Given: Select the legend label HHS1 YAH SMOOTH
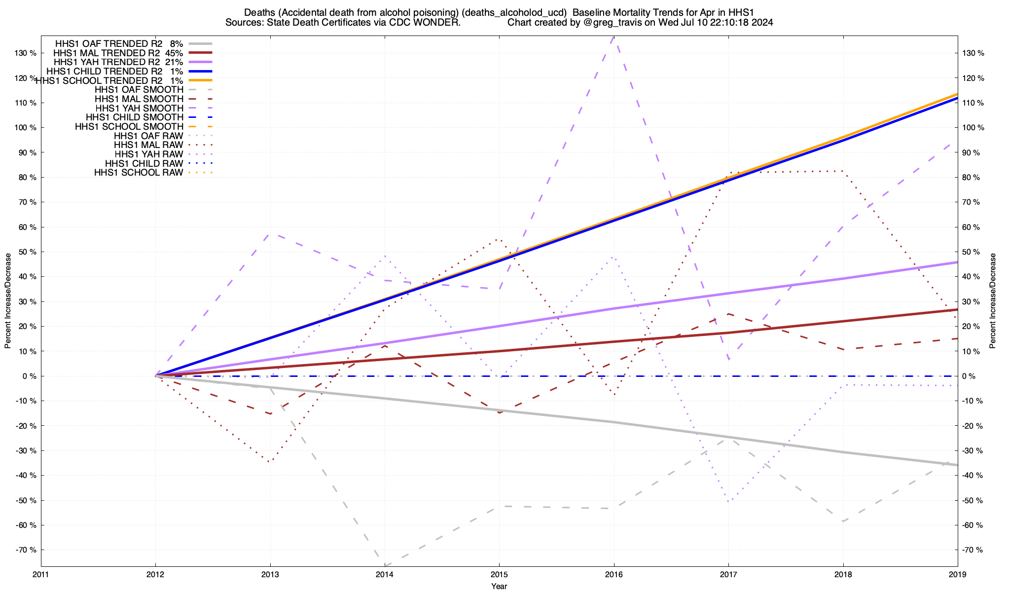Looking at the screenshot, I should pyautogui.click(x=139, y=108).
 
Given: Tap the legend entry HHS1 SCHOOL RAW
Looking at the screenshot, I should pyautogui.click(x=139, y=173).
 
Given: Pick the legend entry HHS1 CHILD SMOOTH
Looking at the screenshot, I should pyautogui.click(x=134, y=117).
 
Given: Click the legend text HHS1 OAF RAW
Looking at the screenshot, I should pyautogui.click(x=148, y=136).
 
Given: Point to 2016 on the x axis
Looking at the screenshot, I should pyautogui.click(x=613, y=574).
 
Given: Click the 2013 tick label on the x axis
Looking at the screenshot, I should pyautogui.click(x=270, y=574).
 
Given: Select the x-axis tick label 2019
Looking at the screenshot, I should pyautogui.click(x=957, y=574).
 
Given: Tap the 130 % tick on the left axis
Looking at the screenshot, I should pyautogui.click(x=26, y=53).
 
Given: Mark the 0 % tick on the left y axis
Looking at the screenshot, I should pyautogui.click(x=29, y=376).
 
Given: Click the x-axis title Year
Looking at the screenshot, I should pyautogui.click(x=499, y=586).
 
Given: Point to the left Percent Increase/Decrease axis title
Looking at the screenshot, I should pyautogui.click(x=8, y=301).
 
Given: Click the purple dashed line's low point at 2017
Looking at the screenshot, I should pyautogui.click(x=728, y=360).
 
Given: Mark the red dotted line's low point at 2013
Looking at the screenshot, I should pyautogui.click(x=269, y=462).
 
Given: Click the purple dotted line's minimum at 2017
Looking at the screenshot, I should pyautogui.click(x=728, y=502).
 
